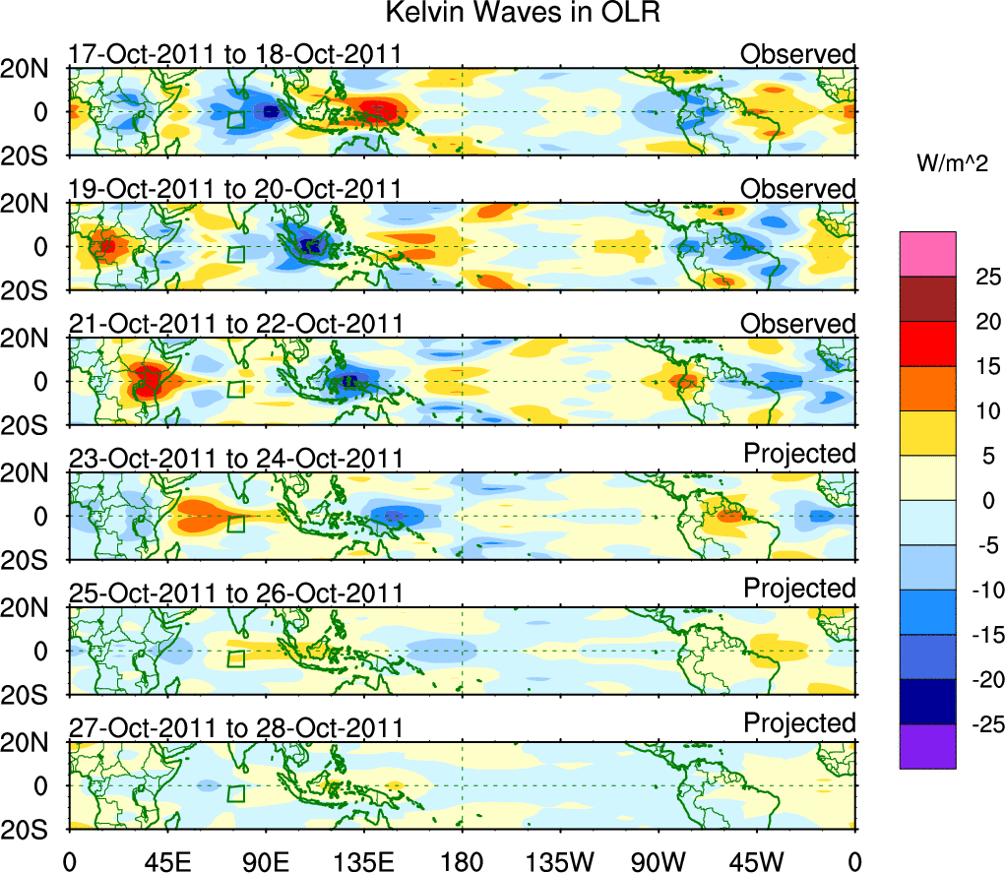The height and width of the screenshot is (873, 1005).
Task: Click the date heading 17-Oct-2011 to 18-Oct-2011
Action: [x=235, y=53]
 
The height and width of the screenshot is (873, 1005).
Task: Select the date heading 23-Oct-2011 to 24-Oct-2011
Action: [x=235, y=458]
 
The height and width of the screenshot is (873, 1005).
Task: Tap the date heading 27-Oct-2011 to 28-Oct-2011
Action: [x=235, y=727]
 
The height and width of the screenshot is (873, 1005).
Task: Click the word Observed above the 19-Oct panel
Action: [x=798, y=188]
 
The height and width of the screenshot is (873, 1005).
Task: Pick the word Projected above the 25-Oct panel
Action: [x=799, y=588]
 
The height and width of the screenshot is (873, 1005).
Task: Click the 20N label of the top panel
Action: [x=31, y=69]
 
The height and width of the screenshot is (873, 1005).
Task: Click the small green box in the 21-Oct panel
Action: [x=235, y=389]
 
